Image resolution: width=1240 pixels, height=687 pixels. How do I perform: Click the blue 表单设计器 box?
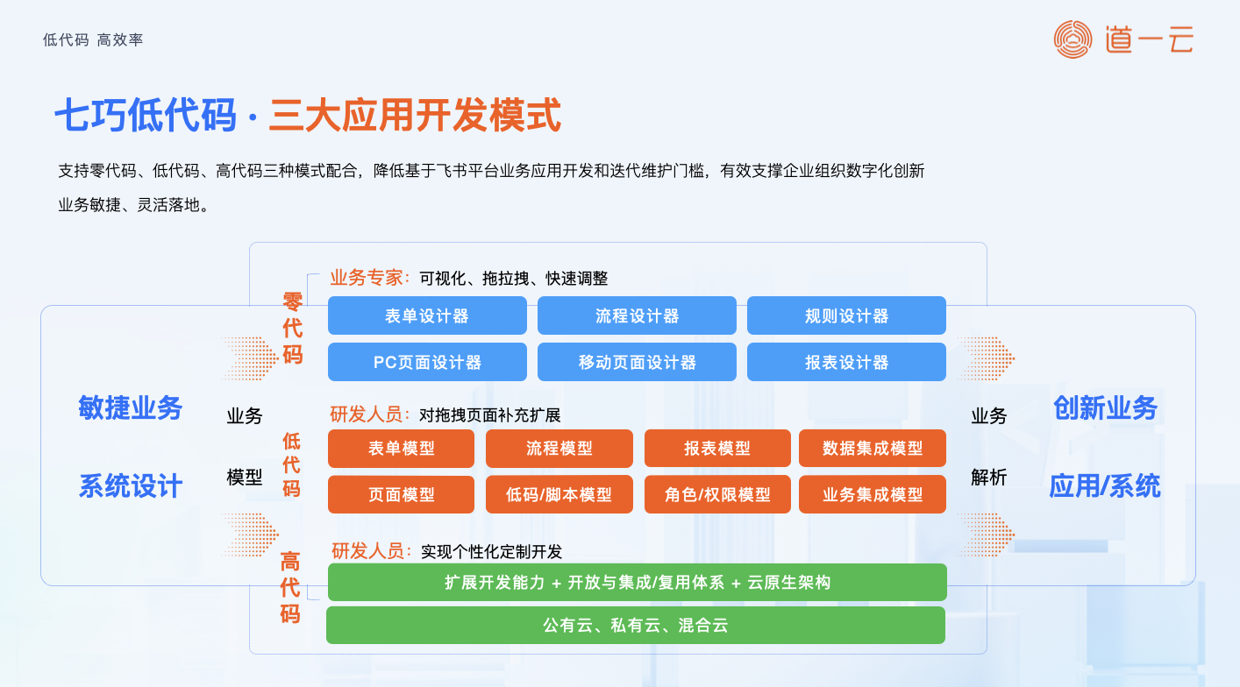click(427, 315)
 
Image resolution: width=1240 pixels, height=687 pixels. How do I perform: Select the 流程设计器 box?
click(637, 315)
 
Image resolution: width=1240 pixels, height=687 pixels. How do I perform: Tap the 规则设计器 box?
click(846, 315)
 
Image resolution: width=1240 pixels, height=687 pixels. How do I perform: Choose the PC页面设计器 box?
click(427, 362)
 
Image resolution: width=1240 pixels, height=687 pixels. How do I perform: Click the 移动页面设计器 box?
click(637, 362)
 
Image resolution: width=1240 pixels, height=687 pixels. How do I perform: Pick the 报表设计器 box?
click(846, 362)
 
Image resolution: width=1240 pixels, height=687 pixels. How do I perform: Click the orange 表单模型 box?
click(401, 448)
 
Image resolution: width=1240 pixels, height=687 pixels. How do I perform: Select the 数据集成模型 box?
click(873, 448)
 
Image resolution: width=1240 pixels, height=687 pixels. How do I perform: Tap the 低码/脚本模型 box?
click(559, 494)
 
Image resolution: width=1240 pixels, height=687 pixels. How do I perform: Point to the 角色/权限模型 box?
click(717, 494)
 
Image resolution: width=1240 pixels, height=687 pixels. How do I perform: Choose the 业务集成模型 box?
click(873, 494)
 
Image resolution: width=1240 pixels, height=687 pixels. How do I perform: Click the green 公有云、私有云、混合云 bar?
click(636, 625)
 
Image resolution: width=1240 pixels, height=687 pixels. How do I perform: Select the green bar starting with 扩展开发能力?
click(638, 582)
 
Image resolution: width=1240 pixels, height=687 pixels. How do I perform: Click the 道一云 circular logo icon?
click(1073, 39)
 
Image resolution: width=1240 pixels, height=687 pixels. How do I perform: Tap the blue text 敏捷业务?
click(130, 408)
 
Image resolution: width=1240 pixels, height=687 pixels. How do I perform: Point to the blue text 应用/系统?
click(1105, 486)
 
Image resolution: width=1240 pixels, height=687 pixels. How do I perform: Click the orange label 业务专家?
click(366, 278)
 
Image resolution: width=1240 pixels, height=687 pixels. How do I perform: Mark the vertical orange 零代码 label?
click(293, 329)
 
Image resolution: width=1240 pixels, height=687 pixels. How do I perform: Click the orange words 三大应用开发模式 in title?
click(415, 115)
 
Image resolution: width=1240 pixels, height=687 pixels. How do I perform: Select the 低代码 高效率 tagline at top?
click(93, 39)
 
